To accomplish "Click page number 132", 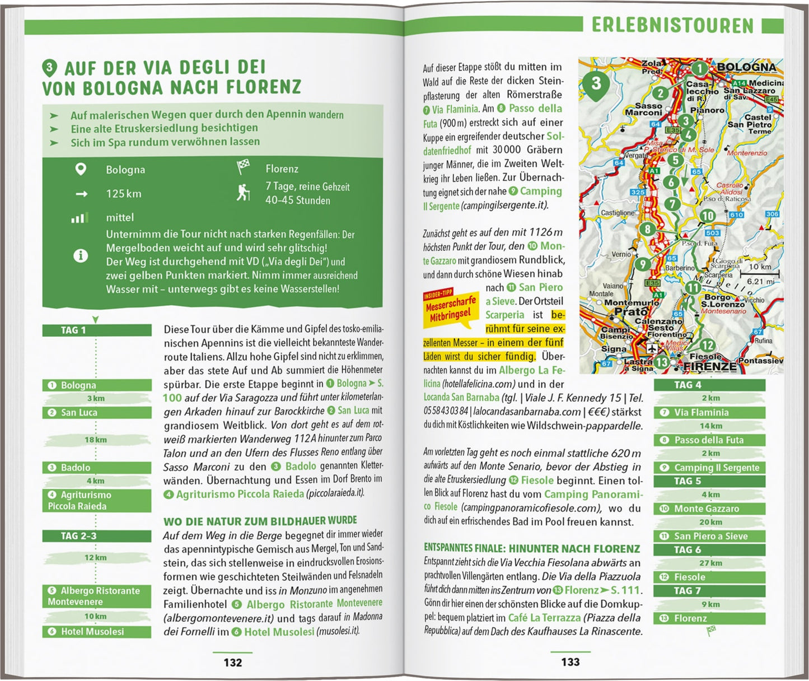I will pyautogui.click(x=232, y=663).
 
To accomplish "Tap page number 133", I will pyautogui.click(x=570, y=662).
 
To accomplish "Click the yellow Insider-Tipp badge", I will pyautogui.click(x=451, y=307).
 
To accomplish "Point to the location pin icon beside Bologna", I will pyautogui.click(x=81, y=169).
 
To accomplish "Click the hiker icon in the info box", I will pyautogui.click(x=243, y=193).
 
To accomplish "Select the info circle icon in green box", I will pyautogui.click(x=81, y=256).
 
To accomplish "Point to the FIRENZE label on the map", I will pyautogui.click(x=710, y=367).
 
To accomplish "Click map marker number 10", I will pyautogui.click(x=708, y=216).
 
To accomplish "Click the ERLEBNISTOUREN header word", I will pyautogui.click(x=672, y=25).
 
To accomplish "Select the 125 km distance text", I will pyautogui.click(x=124, y=194).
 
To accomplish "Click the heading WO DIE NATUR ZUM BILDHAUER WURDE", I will pyautogui.click(x=260, y=521).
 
